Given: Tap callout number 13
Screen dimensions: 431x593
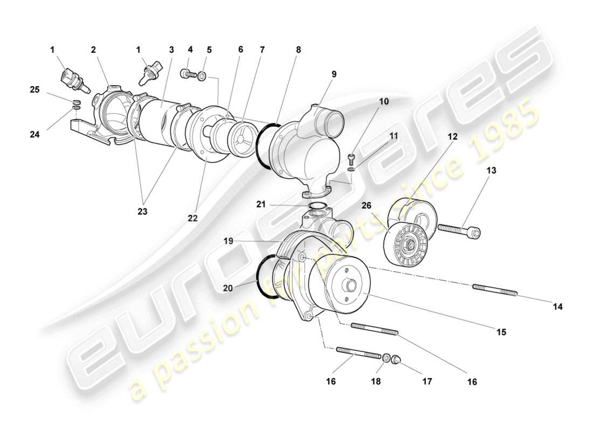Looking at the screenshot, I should point(492,170).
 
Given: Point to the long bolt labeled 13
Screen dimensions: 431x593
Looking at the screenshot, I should point(458,230).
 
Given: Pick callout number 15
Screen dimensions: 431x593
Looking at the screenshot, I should point(501,332).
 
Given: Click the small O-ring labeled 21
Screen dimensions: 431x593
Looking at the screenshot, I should point(317,206).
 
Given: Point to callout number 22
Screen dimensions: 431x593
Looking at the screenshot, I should point(193,218).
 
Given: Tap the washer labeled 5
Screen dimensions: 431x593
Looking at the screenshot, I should point(202,77).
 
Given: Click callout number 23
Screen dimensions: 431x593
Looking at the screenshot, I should point(142,212).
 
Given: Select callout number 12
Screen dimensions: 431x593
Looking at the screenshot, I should point(452,137).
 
